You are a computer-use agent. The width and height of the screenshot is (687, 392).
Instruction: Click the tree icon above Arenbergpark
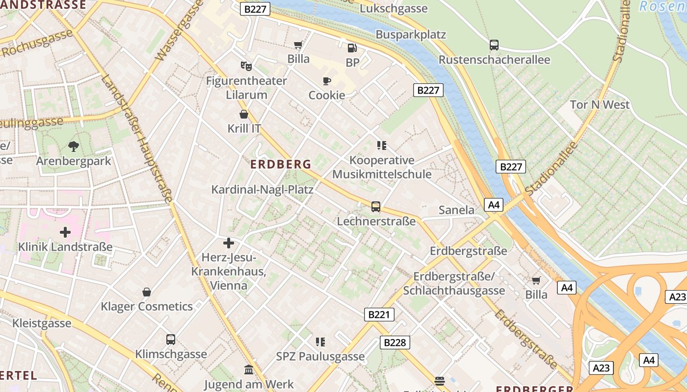click(74, 146)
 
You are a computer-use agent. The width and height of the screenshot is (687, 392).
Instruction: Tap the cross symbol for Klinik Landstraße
click(65, 232)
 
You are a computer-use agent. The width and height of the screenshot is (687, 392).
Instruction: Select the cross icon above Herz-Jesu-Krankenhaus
click(228, 243)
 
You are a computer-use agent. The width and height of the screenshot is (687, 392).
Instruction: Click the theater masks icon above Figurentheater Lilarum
click(246, 66)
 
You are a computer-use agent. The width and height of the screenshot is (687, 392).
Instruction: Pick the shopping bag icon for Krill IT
click(243, 114)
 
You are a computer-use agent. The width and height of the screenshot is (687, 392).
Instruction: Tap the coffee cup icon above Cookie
click(326, 81)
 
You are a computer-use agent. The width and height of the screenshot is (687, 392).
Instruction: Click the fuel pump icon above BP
click(352, 48)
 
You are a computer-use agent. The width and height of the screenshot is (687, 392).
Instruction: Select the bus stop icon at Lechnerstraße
click(375, 207)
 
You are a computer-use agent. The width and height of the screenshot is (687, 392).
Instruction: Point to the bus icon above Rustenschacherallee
click(494, 45)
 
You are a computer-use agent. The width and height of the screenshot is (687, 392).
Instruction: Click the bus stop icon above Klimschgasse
click(171, 340)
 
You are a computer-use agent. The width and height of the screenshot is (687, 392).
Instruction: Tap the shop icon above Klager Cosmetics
click(146, 292)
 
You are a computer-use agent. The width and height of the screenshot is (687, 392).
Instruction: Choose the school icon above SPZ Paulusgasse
click(320, 342)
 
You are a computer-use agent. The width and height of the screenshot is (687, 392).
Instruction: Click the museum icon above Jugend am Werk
click(248, 369)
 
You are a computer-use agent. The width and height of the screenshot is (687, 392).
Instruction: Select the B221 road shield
click(379, 315)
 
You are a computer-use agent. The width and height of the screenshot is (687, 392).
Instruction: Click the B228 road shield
click(395, 343)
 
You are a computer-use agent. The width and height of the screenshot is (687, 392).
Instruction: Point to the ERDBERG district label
click(281, 164)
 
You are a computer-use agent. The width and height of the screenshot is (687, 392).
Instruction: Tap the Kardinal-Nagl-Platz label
click(262, 189)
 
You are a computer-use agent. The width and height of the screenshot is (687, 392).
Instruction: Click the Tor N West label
click(600, 104)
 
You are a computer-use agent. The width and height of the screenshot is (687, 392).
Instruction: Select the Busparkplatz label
click(411, 34)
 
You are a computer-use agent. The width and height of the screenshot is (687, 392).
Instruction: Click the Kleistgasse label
click(42, 323)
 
